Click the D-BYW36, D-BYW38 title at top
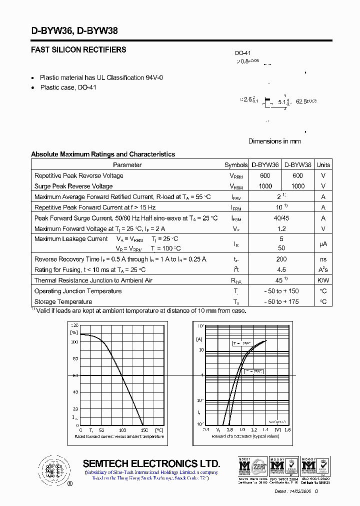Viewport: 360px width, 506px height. pyautogui.click(x=74, y=30)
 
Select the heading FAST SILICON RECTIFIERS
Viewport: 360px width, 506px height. pyautogui.click(x=78, y=50)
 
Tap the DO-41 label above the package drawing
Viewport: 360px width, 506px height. pyautogui.click(x=242, y=53)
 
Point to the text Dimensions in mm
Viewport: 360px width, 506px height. pyautogui.click(x=274, y=141)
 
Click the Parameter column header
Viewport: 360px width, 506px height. pyautogui.click(x=127, y=165)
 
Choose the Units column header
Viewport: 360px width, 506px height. pyautogui.click(x=323, y=165)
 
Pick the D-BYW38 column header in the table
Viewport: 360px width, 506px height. pyautogui.click(x=298, y=165)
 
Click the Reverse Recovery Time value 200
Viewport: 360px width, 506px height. pyautogui.click(x=281, y=259)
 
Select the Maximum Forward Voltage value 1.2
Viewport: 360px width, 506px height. pyautogui.click(x=281, y=228)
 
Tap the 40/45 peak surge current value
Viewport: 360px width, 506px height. pyautogui.click(x=281, y=218)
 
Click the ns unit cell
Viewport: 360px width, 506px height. pyautogui.click(x=323, y=259)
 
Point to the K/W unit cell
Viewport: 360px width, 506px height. pyautogui.click(x=323, y=280)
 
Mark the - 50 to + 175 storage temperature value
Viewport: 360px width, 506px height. pyautogui.click(x=281, y=301)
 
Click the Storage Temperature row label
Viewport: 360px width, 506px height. pyautogui.click(x=63, y=301)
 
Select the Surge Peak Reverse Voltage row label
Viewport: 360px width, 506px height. pyautogui.click(x=73, y=186)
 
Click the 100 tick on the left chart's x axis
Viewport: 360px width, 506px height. pyautogui.click(x=122, y=430)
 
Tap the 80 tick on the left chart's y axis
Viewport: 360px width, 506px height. pyautogui.click(x=75, y=358)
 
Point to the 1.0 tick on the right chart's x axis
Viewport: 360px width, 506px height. pyautogui.click(x=241, y=430)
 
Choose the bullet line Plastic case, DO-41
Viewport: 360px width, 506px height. pyautogui.click(x=68, y=87)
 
